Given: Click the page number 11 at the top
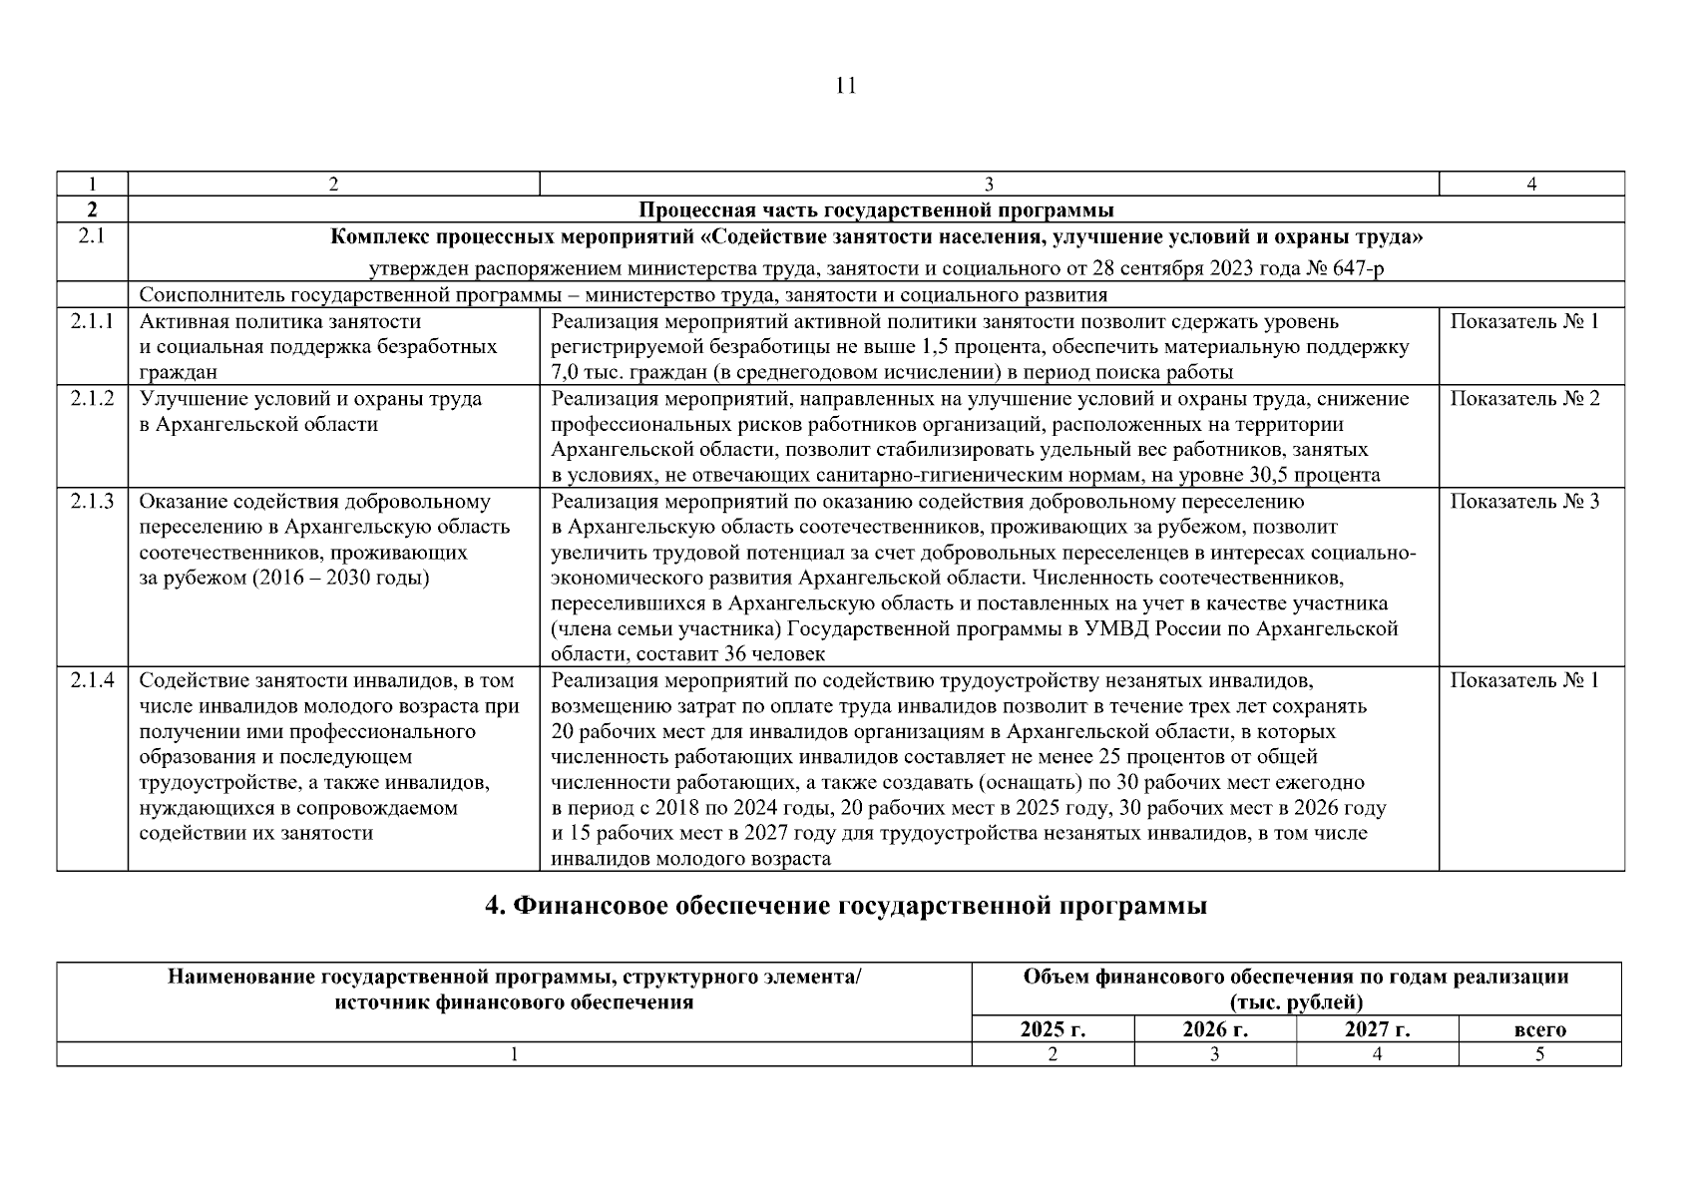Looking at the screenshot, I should point(845,86).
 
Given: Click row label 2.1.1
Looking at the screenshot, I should point(92,322).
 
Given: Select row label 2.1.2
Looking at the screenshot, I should point(92,399).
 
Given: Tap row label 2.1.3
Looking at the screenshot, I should point(92,502).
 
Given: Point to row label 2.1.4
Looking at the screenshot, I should point(92,681).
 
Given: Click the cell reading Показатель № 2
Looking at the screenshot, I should point(1523,399).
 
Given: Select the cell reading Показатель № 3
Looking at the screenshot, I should point(1523,502).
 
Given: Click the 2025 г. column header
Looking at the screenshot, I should point(1053,1029).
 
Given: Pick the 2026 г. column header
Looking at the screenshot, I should point(1214,1029).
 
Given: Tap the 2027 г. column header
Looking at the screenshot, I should point(1377,1029).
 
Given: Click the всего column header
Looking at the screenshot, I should point(1539,1030).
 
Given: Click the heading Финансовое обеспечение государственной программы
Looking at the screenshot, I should point(845,906).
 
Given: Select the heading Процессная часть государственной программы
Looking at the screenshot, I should point(876,210).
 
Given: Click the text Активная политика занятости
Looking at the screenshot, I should point(280,322).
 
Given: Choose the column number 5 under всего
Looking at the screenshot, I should point(1539,1054).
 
